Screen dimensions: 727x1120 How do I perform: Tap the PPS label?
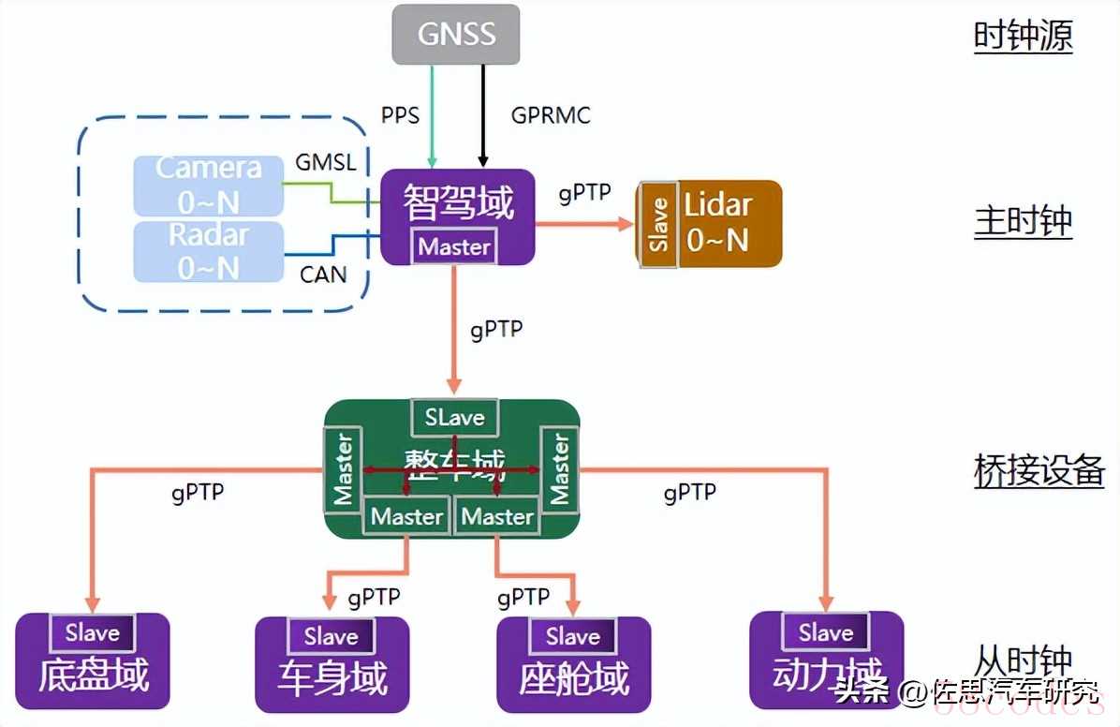(x=400, y=115)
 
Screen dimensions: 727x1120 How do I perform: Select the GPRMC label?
(x=551, y=115)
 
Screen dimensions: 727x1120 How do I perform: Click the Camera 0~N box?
(x=208, y=185)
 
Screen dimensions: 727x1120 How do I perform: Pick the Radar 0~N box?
(x=208, y=251)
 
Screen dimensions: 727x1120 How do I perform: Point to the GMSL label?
(x=325, y=162)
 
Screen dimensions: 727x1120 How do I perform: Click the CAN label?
(x=323, y=274)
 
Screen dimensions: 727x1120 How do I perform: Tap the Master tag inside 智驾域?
(x=454, y=247)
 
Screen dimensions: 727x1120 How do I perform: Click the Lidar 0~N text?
(x=718, y=224)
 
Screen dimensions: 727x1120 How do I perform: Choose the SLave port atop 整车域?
(x=454, y=417)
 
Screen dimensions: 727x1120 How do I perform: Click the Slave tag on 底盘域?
(x=93, y=633)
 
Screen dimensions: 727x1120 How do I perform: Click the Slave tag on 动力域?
(x=826, y=633)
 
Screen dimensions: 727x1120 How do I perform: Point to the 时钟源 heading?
(x=1023, y=37)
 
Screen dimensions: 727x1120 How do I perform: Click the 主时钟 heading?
(x=1023, y=222)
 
